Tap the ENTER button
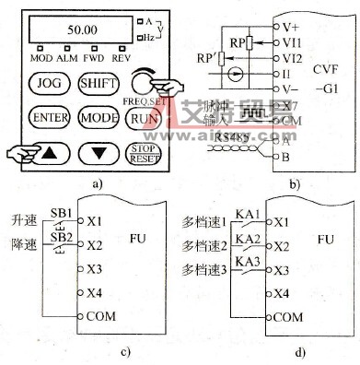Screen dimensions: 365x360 tap(44, 117)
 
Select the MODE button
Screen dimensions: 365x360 tap(95, 117)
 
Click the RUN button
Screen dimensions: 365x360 tap(141, 117)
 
